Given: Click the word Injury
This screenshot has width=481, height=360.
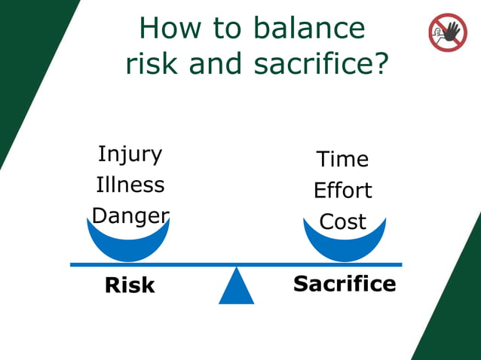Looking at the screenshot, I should pos(130,154).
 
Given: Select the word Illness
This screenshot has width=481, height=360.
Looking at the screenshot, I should pos(130,185).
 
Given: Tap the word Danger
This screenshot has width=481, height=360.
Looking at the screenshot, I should pos(130,216).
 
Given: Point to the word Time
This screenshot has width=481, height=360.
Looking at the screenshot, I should pos(342,160).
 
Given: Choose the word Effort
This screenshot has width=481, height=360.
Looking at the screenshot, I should pos(342,191).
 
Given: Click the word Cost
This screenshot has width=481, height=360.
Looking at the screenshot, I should pos(342,222).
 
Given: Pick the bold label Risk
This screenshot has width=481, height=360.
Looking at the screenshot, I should pos(130,285).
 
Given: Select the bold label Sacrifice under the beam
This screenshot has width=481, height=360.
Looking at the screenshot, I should pos(344,284).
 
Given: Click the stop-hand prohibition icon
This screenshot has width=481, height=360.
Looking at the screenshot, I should pos(448,32).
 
